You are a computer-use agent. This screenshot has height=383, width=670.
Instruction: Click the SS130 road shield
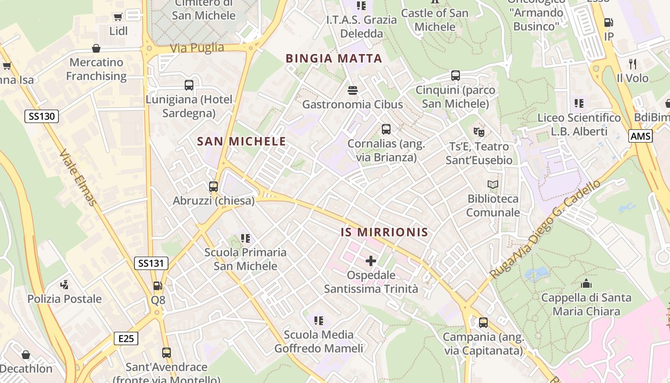coord(42,116)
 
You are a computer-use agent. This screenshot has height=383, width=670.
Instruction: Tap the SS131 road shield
coord(151,263)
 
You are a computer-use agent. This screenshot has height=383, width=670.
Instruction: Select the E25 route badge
coord(126,338)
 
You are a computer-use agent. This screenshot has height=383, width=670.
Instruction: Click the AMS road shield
coord(640,136)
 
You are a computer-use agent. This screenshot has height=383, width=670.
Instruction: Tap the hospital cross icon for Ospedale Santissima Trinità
coord(371,261)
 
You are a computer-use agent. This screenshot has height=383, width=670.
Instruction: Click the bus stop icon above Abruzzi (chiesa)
coord(213,187)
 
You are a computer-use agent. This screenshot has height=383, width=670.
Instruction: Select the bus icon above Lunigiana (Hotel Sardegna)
coord(189,85)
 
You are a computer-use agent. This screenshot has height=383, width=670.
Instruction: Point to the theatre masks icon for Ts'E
coord(479,132)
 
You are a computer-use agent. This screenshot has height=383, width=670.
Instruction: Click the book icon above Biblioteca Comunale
coord(493,184)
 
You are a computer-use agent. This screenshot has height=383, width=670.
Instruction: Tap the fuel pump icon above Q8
coord(157,286)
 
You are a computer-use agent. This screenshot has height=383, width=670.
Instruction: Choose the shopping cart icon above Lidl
coord(118,17)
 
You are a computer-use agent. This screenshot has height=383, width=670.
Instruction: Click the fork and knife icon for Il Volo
coord(633,64)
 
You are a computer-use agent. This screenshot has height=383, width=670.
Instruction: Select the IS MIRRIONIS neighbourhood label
coord(384,233)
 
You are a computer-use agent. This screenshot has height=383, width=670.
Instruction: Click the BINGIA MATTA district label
coord(334,59)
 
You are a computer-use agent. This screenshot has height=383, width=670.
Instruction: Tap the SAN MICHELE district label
coord(241,142)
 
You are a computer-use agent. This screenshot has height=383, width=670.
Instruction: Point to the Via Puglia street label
coord(197,48)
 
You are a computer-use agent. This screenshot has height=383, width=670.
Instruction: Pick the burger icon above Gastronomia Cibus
coord(353,90)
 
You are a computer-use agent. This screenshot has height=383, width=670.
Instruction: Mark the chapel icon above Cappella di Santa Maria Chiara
coord(586,283)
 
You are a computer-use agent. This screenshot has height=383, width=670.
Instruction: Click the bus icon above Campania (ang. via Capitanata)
coord(483,323)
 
